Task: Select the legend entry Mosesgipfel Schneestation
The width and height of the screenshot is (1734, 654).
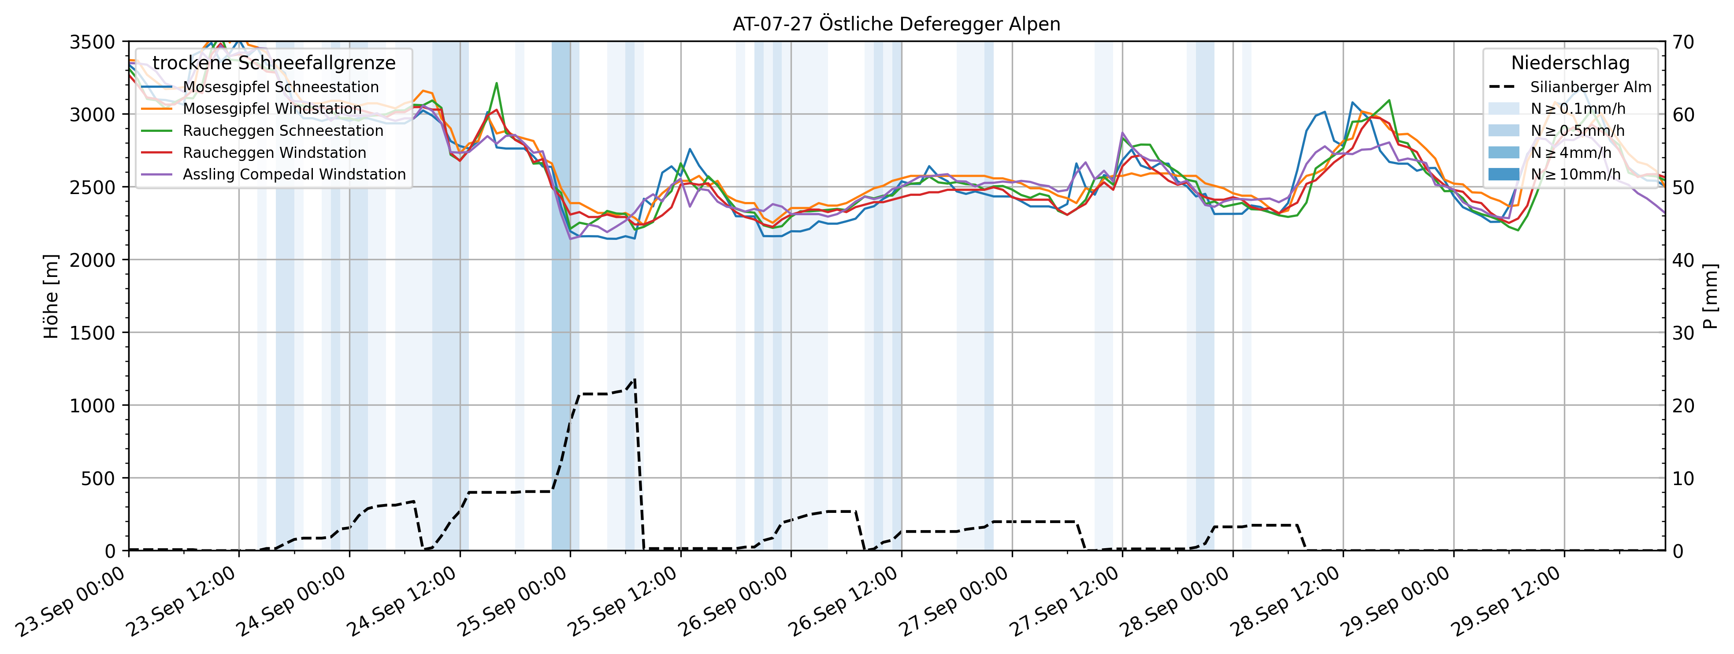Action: tap(281, 87)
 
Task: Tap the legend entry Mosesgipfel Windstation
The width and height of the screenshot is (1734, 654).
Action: tap(272, 108)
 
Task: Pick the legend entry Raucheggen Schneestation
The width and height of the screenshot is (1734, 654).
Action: tap(283, 131)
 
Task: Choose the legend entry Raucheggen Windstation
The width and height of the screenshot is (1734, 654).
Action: tap(275, 153)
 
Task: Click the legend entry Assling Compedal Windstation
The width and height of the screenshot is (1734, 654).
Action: tap(294, 175)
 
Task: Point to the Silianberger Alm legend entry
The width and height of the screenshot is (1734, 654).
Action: tap(1590, 87)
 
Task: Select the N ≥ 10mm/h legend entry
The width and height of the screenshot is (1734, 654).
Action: tap(1575, 175)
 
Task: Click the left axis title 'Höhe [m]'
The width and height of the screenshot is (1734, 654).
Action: tap(51, 296)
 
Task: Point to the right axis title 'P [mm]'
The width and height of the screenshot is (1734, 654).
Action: tap(1711, 296)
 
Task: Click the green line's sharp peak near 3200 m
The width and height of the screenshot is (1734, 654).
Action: tap(496, 83)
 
